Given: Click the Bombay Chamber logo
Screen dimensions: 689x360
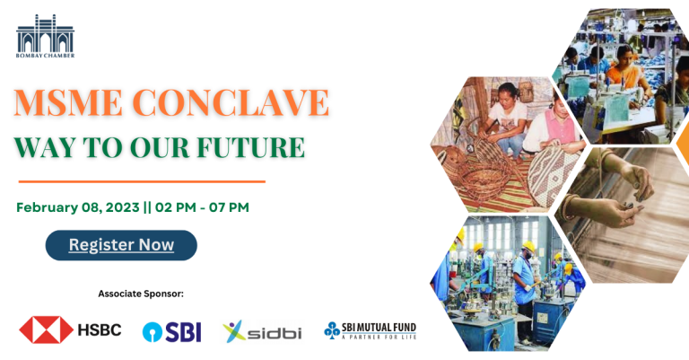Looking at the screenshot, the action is pos(45,36).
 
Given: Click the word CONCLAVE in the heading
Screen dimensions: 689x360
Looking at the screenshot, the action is pos(231,103).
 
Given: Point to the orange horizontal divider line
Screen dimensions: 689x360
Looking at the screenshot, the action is pos(142,181).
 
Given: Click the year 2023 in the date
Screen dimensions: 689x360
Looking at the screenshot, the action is pos(123,207).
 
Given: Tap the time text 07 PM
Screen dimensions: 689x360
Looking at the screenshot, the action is pos(229,207).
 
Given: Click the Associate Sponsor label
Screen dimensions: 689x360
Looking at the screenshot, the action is pos(141,294).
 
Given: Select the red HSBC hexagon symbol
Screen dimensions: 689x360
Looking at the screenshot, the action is pos(46,329).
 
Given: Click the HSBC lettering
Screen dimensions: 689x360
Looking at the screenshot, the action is pos(100,330).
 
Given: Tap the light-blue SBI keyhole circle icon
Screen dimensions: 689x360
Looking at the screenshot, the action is pos(153,332).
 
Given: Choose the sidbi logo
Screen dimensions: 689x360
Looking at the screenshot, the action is pos(262,332).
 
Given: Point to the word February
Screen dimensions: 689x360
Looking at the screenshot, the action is pos(47,207).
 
